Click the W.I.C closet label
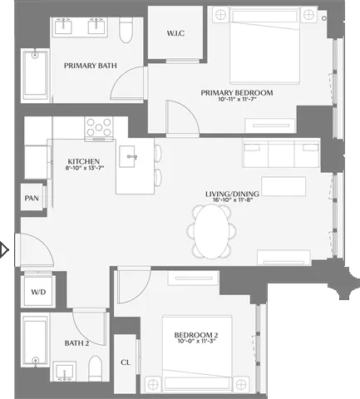pyautogui.click(x=175, y=34)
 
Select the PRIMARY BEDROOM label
pyautogui.click(x=237, y=92)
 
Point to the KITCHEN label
pyautogui.click(x=84, y=161)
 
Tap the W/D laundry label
pyautogui.click(x=38, y=293)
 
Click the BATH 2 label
pyautogui.click(x=76, y=342)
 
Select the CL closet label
pyautogui.click(x=126, y=362)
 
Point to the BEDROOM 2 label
pyautogui.click(x=195, y=336)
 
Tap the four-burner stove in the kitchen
pyautogui.click(x=99, y=128)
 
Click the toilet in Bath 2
pyautogui.click(x=96, y=368)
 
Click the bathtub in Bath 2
pyautogui.click(x=34, y=341)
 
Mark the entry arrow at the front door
pyautogui.click(x=5, y=248)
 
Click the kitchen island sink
pyautogui.click(x=129, y=154)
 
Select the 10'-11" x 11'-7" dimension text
pyautogui.click(x=237, y=101)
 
